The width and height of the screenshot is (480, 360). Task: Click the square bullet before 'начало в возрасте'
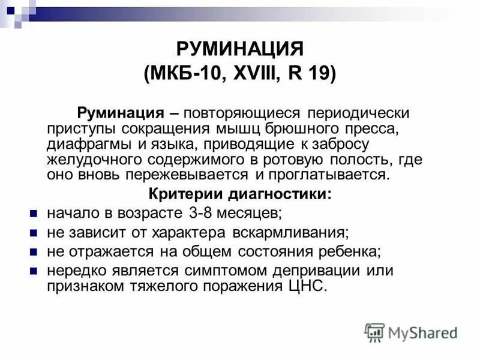coord(34,213)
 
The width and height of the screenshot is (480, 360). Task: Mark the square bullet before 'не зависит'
coord(34,232)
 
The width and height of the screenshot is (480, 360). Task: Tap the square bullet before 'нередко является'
coord(34,269)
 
